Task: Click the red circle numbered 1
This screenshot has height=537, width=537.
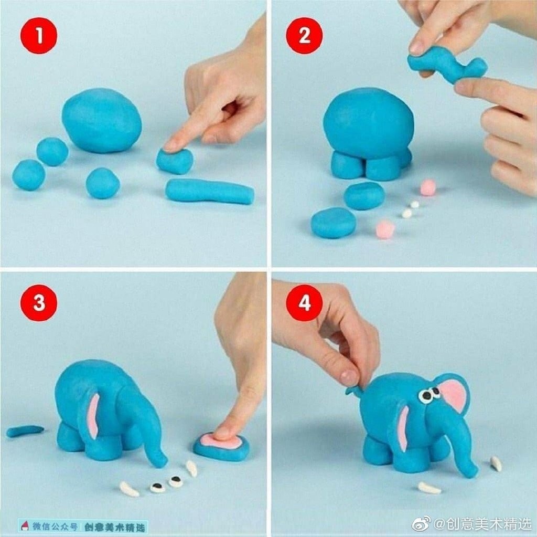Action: (x=39, y=36)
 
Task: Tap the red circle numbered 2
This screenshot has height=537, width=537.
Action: (x=304, y=36)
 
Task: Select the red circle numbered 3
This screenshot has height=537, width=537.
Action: (x=39, y=303)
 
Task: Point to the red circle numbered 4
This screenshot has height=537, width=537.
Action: (x=304, y=303)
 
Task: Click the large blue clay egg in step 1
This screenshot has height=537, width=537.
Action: (x=102, y=120)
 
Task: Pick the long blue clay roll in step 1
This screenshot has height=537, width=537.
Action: (x=210, y=191)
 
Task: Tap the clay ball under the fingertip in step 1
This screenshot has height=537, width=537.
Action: (x=175, y=161)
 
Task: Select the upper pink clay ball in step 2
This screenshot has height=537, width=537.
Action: (x=428, y=187)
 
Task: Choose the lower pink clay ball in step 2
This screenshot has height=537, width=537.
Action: (x=385, y=229)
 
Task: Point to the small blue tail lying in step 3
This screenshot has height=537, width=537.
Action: (x=25, y=430)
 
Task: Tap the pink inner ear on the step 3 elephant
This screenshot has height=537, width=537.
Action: (x=93, y=416)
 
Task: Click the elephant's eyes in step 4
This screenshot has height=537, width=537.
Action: (x=429, y=395)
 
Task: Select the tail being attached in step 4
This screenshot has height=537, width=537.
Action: (x=354, y=390)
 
